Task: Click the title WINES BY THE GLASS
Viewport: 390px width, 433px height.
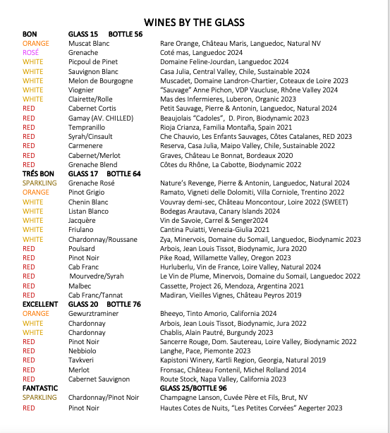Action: coord(194,21)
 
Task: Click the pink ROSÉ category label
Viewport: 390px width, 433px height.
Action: coord(30,53)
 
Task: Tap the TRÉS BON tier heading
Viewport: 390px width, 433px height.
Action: coord(39,173)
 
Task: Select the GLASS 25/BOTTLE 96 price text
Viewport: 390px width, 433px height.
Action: coord(193,388)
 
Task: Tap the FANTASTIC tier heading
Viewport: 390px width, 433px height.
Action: coord(40,388)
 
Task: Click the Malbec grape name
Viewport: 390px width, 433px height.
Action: coord(79,285)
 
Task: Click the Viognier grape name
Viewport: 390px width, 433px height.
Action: coord(82,90)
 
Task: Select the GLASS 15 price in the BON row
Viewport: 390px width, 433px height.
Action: coord(83,34)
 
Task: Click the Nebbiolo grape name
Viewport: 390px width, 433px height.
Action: coord(83,350)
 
